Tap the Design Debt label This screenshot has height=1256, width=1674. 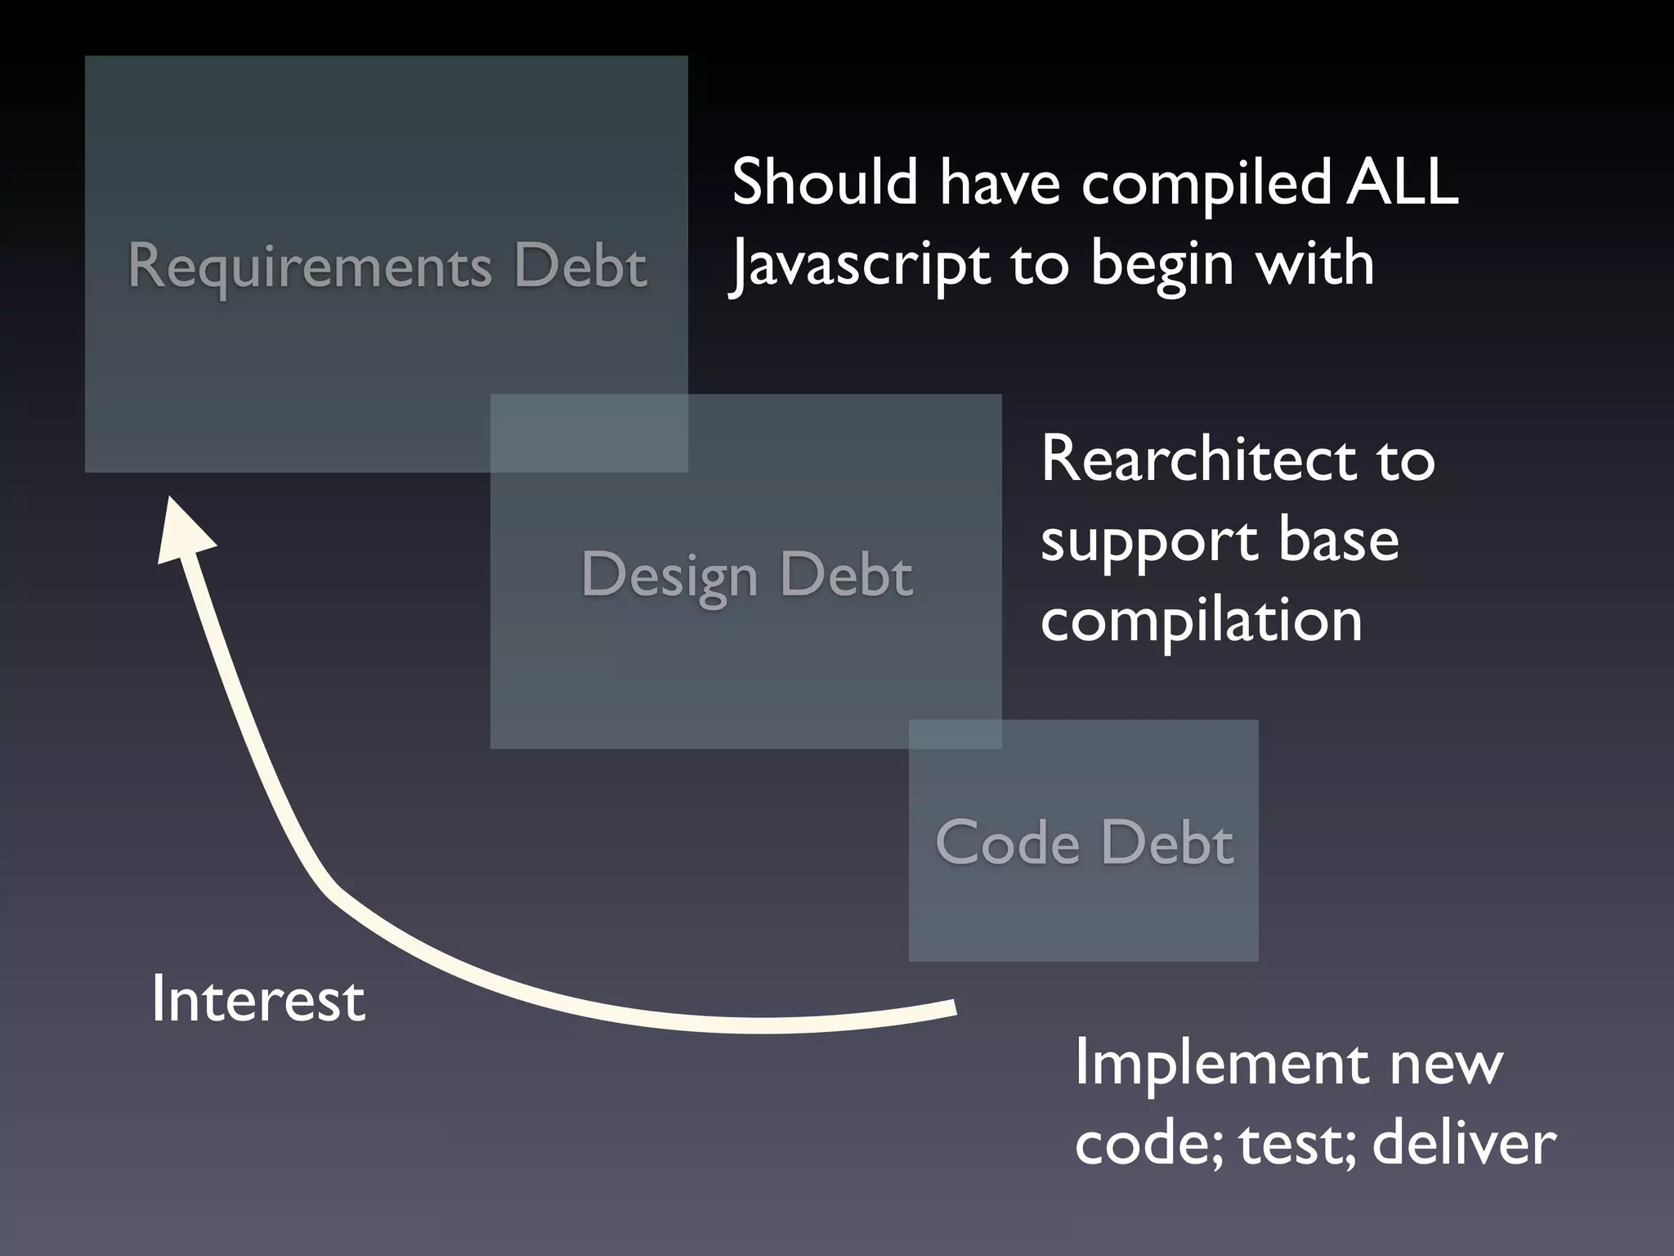pos(746,574)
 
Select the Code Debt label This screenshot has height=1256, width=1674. pos(1084,842)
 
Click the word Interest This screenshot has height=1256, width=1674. pos(258,999)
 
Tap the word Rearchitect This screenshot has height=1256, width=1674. pos(1197,460)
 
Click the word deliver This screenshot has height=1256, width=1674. pos(1464,1143)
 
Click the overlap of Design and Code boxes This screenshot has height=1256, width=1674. pos(955,734)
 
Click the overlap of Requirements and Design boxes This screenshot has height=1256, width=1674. pos(589,433)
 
